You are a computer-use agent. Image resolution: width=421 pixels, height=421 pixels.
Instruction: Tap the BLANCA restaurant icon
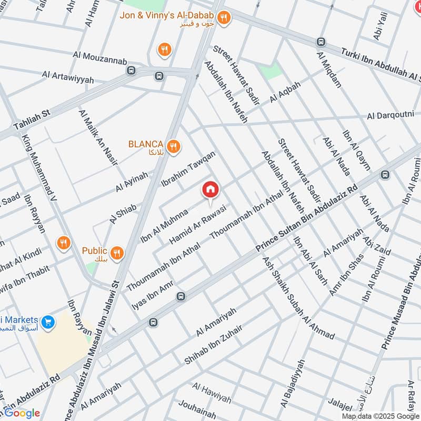pos(172,146)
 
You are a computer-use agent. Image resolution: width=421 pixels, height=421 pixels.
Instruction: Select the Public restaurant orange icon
pos(117,253)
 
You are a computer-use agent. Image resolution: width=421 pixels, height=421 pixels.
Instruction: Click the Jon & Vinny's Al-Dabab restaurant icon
pos(224,17)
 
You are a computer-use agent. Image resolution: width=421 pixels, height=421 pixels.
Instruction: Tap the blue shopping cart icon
pos(48,321)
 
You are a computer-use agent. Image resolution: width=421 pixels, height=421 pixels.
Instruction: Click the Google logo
pos(22,413)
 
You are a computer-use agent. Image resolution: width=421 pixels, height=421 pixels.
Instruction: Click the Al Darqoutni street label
pos(390,115)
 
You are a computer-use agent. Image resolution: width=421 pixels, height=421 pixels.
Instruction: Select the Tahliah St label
pos(31,121)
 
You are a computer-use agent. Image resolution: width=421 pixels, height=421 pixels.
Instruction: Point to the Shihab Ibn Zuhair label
pos(213,345)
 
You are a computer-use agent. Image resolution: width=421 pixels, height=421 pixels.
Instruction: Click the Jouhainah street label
pos(197,409)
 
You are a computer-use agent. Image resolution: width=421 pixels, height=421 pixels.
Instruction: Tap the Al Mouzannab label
pos(100,55)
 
